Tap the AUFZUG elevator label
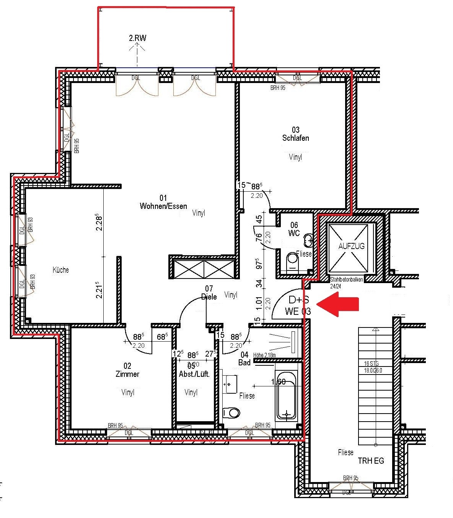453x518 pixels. (351, 246)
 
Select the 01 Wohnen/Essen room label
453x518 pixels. (163, 202)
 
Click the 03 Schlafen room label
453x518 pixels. (295, 134)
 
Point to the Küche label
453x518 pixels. (61, 270)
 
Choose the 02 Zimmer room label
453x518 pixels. (127, 370)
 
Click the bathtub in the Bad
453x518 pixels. (286, 396)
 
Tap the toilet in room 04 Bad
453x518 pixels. (231, 413)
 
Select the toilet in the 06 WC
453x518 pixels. (293, 259)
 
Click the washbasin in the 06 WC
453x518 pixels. (308, 241)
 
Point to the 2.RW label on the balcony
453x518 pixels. (137, 38)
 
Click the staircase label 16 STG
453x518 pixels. (372, 363)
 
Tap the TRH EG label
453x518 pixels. (371, 461)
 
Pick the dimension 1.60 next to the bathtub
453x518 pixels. (278, 381)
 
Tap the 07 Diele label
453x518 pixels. (209, 292)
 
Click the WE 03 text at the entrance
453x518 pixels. (298, 311)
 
